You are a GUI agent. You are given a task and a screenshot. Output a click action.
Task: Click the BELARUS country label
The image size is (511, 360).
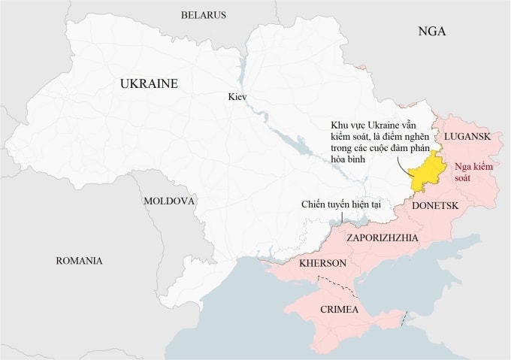tap(204, 15)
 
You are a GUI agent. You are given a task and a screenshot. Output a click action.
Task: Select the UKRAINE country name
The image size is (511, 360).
tap(149, 84)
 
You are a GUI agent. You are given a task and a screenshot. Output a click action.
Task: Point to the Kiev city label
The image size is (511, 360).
tap(237, 98)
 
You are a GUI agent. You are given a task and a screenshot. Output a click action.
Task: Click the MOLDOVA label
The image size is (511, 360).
tap(169, 201)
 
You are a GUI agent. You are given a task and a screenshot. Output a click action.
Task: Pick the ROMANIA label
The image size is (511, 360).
tap(79, 261)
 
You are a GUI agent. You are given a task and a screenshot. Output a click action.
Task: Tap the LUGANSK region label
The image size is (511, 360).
tap(467, 136)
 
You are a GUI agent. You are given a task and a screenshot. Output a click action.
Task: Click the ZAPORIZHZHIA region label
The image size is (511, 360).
tap(382, 237)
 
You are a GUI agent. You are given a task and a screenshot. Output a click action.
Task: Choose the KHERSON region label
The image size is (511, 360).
tap(322, 264)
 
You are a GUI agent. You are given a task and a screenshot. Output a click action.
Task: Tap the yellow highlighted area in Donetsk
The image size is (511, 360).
tap(428, 169)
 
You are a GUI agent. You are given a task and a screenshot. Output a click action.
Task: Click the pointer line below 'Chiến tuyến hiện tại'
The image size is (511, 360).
tap(343, 217)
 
